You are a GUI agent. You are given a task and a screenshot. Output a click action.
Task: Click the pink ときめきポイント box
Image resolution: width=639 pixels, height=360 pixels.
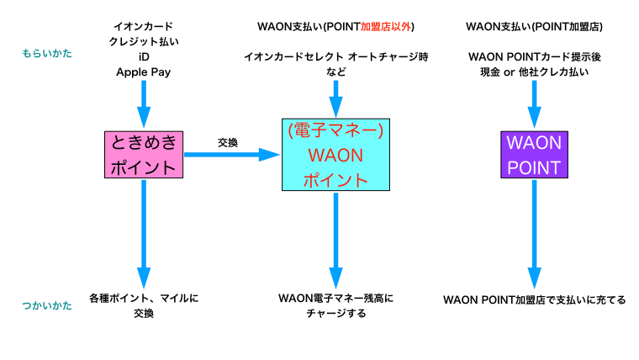coord(144,155)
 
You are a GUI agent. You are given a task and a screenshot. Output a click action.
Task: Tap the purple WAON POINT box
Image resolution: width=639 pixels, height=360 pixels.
coord(534,154)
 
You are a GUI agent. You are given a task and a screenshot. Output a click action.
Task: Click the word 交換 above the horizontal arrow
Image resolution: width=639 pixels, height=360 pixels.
coord(228,142)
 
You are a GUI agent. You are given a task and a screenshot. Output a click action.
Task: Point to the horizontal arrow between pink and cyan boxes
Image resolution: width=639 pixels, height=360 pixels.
coord(231,155)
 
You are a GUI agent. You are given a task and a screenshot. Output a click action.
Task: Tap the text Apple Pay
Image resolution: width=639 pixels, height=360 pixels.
coord(144,72)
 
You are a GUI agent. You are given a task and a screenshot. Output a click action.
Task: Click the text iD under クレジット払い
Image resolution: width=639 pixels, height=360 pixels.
coord(144,57)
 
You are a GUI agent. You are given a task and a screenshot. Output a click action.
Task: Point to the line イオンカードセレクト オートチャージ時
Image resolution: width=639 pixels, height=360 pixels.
coord(335,56)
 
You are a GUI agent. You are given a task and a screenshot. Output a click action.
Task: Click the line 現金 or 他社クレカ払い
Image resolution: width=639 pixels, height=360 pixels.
coord(534,72)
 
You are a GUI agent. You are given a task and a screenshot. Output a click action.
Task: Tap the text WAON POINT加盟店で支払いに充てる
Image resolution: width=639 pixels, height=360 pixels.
coord(534,299)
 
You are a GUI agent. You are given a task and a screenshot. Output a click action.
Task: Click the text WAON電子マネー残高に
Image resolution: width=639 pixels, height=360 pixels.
coord(335,298)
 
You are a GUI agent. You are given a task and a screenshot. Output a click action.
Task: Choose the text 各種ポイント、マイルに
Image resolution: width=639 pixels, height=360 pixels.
coord(144,298)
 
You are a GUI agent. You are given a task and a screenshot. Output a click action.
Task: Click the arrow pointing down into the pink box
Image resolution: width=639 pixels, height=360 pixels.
coord(144,105)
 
